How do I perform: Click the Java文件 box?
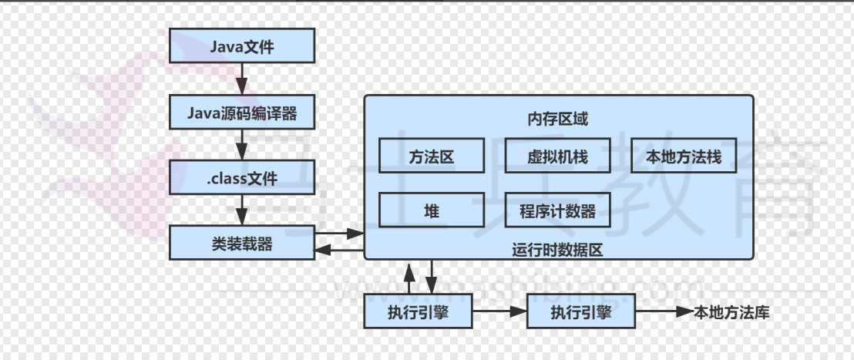tap(242, 46)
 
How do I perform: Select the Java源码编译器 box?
tap(242, 113)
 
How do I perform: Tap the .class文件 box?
tap(242, 180)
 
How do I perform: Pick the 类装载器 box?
tap(242, 244)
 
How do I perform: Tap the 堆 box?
tap(432, 210)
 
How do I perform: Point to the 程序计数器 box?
tap(558, 210)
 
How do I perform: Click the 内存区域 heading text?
tap(558, 119)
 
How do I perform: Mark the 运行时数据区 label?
tap(556, 249)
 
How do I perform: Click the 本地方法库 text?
tap(731, 312)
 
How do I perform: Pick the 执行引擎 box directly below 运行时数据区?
tap(417, 312)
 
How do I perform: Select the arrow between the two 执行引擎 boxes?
tap(499, 312)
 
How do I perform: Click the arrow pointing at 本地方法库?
tap(664, 312)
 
